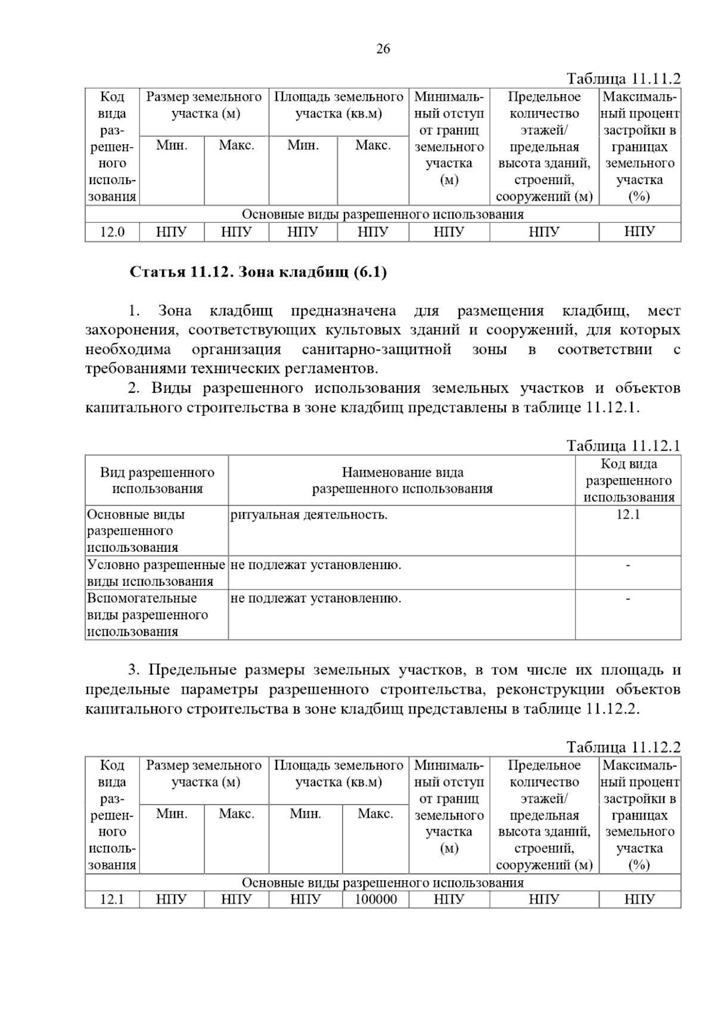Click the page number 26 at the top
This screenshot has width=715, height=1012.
[x=383, y=49]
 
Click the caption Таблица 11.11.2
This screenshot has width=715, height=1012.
[x=623, y=79]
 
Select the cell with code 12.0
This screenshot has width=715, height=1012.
[x=112, y=232]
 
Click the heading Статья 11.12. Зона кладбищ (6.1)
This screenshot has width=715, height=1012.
[x=259, y=272]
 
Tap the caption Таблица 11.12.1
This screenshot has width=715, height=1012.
[x=623, y=446]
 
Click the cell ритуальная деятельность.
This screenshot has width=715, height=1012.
[x=309, y=515]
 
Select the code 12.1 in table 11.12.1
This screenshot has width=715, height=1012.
[x=628, y=515]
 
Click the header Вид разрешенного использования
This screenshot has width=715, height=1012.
[x=157, y=480]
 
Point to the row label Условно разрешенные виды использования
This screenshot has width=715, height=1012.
[x=156, y=573]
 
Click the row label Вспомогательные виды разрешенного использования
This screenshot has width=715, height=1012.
[x=148, y=614]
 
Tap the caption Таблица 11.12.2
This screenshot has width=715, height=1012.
[x=623, y=747]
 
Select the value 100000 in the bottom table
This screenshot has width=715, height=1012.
[x=376, y=899]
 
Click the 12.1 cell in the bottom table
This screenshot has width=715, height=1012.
[x=112, y=899]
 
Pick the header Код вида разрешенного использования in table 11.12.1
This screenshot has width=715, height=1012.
[x=629, y=480]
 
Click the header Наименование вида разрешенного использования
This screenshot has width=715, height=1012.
[x=402, y=480]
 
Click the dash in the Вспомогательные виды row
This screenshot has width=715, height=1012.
[x=628, y=598]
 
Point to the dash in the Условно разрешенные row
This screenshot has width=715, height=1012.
[x=628, y=565]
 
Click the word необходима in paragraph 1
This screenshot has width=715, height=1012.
[x=128, y=349]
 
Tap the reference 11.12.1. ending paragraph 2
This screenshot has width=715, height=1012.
[x=613, y=408]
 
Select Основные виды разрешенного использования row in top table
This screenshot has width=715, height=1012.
[x=383, y=215]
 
